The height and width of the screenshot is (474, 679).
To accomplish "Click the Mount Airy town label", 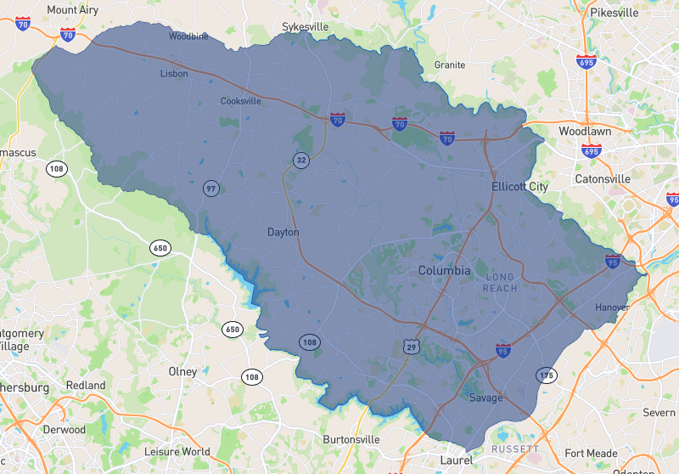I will [x=74, y=9].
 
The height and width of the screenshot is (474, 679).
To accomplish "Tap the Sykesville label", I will [x=305, y=27].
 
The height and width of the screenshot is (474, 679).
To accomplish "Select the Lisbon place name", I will [x=174, y=74].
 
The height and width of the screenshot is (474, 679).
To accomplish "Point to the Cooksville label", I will [x=241, y=101].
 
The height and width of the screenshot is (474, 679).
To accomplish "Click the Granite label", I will [x=449, y=65].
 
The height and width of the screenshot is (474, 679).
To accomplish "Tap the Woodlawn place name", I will [x=586, y=132].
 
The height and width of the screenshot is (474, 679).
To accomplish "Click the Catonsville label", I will [x=603, y=179].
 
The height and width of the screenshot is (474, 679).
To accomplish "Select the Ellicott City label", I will [x=519, y=186].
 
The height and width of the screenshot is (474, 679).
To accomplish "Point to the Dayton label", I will [x=283, y=232].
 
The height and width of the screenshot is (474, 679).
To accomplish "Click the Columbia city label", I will [x=444, y=271].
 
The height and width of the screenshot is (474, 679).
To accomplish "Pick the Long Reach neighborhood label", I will [x=500, y=283].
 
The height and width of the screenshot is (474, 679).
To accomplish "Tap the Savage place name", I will [x=485, y=398].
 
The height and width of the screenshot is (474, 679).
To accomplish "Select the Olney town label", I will [x=182, y=371].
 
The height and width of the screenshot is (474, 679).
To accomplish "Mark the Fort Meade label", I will [x=592, y=453].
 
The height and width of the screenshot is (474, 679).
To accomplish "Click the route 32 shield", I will [x=301, y=160].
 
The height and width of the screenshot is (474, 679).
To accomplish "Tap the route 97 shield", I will [x=210, y=189].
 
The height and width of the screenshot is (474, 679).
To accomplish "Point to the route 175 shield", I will [x=546, y=375].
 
